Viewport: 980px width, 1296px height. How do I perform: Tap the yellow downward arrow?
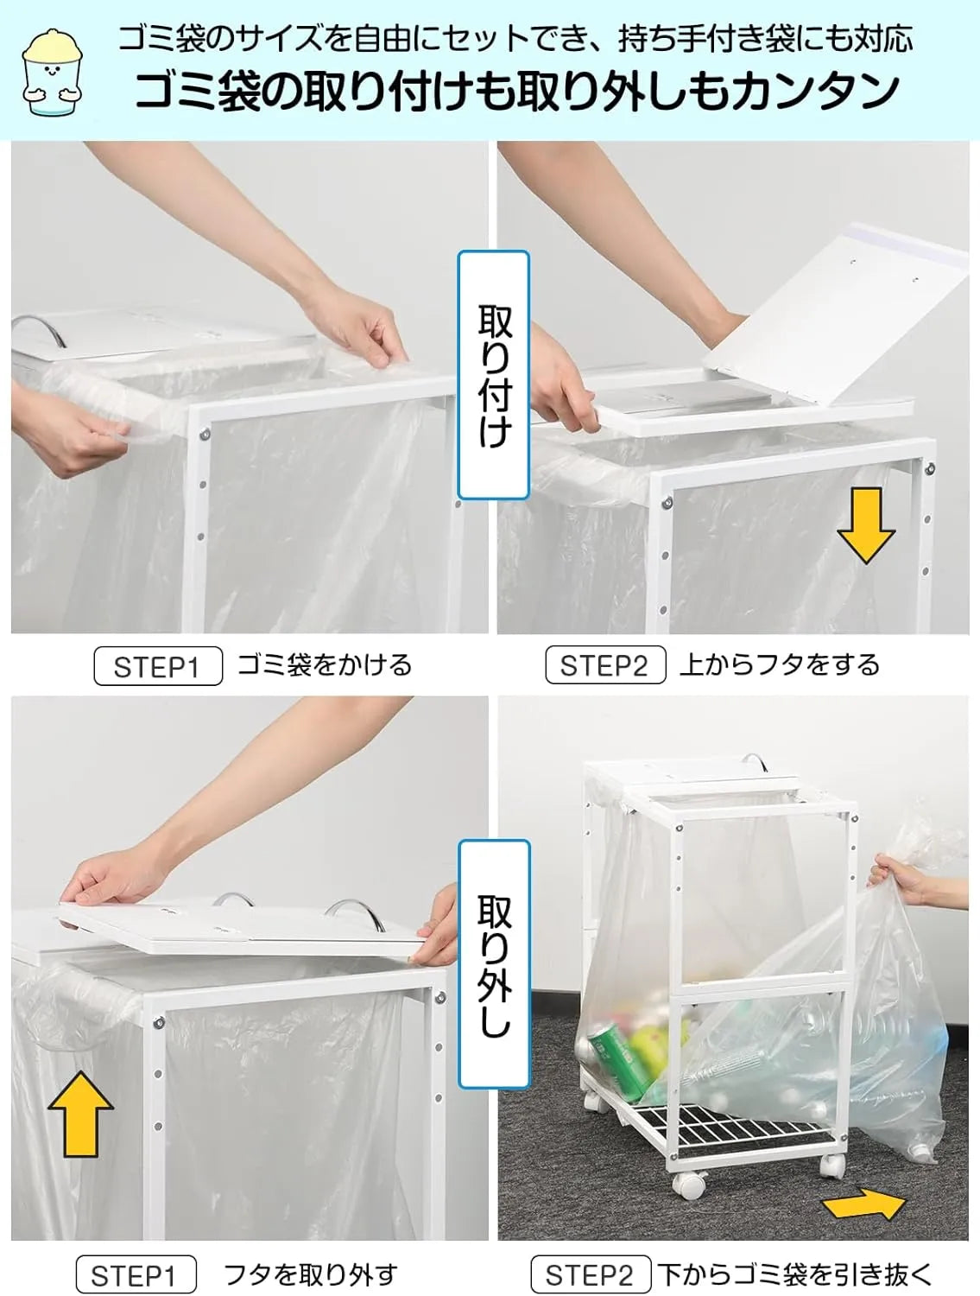pos(865,525)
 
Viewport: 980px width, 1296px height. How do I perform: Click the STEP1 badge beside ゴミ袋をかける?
pos(158,665)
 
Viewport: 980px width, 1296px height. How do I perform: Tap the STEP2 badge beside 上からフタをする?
pos(605,664)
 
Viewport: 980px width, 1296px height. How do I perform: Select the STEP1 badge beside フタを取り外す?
pos(136,1274)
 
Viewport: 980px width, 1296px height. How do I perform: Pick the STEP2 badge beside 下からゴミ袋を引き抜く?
pos(591,1274)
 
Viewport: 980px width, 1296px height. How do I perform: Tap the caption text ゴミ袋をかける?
pos(325,665)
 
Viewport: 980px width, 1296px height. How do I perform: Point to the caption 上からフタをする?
pos(780,664)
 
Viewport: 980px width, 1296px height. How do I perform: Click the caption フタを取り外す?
pos(311,1274)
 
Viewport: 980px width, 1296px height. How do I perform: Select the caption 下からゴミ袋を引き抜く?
pos(794,1274)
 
